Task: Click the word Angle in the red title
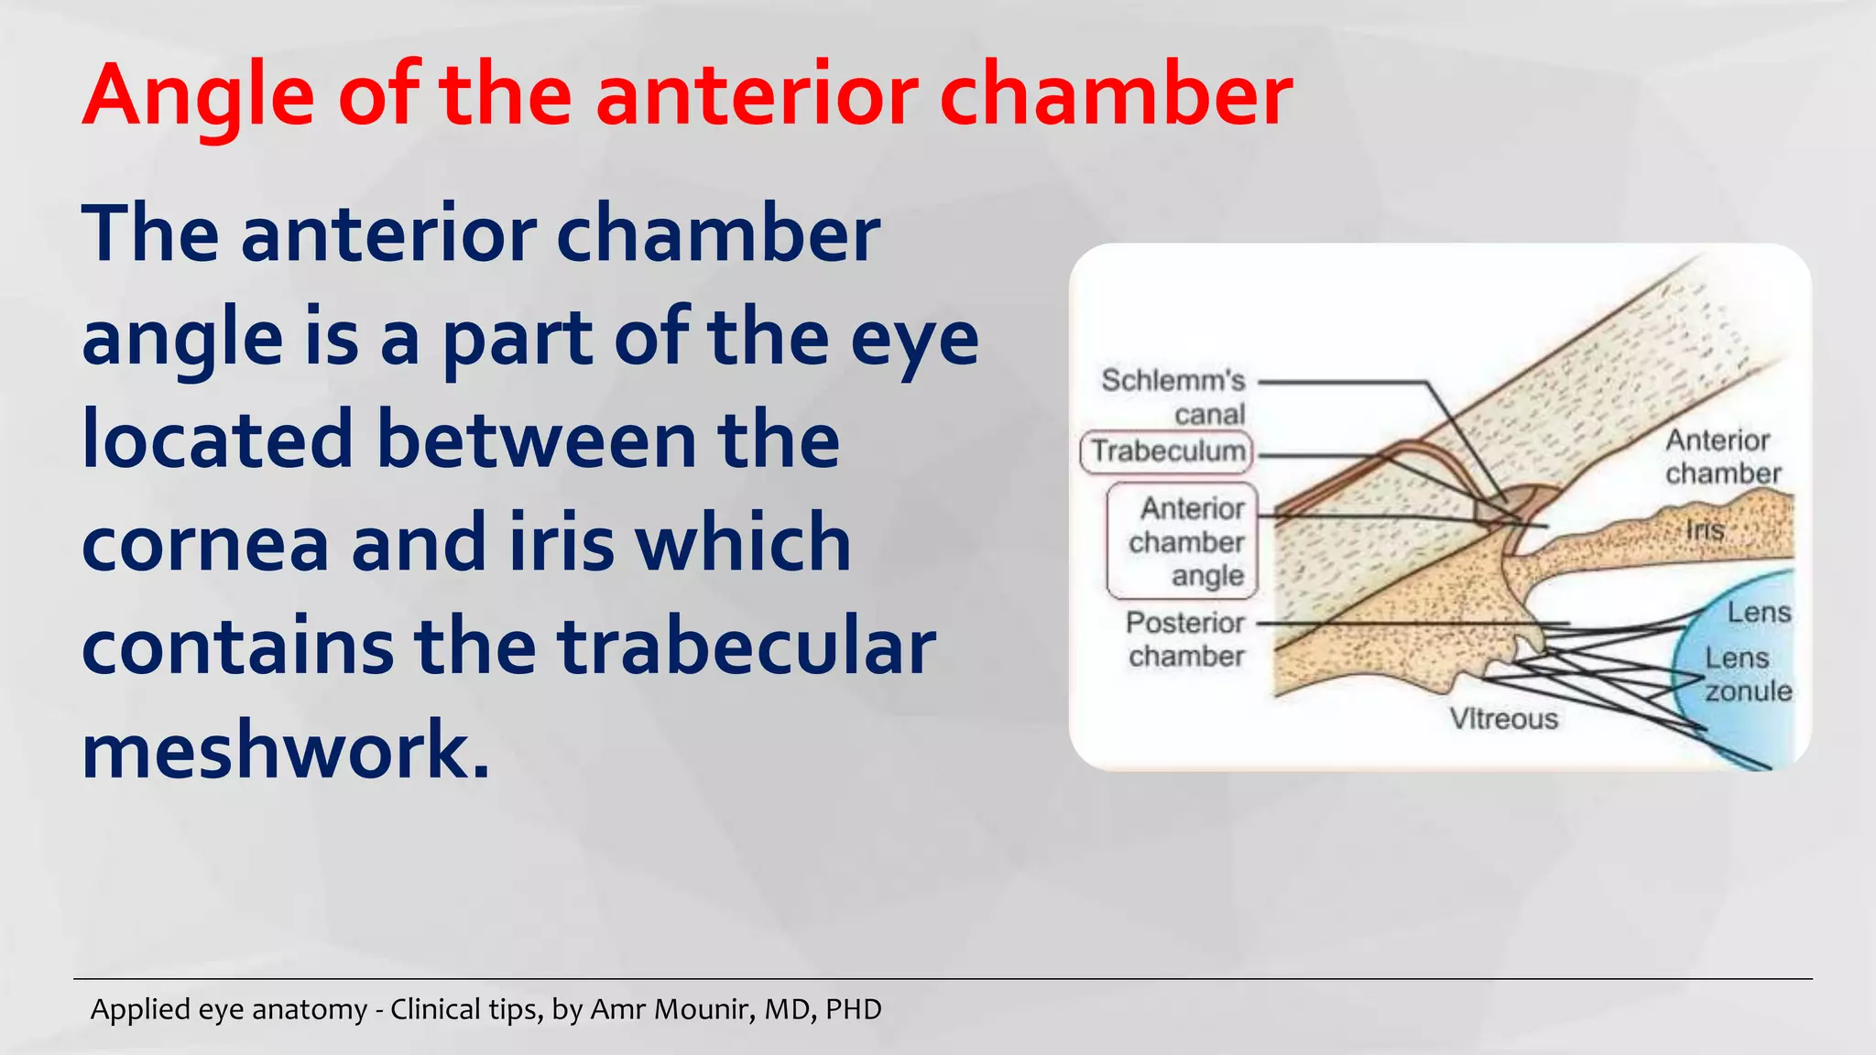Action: click(198, 96)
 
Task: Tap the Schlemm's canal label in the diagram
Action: click(1174, 397)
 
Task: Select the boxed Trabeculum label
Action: click(1167, 451)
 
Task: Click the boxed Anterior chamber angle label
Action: click(1183, 541)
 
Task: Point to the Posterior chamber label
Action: click(1185, 639)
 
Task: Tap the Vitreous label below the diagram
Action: click(1503, 719)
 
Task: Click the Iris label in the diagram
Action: click(1705, 530)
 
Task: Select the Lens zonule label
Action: click(1747, 674)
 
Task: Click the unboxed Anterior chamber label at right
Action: click(1721, 457)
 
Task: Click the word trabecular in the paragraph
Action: click(747, 647)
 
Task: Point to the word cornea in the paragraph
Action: click(205, 544)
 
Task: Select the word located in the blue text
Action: click(216, 440)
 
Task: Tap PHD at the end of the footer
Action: click(853, 1009)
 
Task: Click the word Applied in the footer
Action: click(136, 1010)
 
